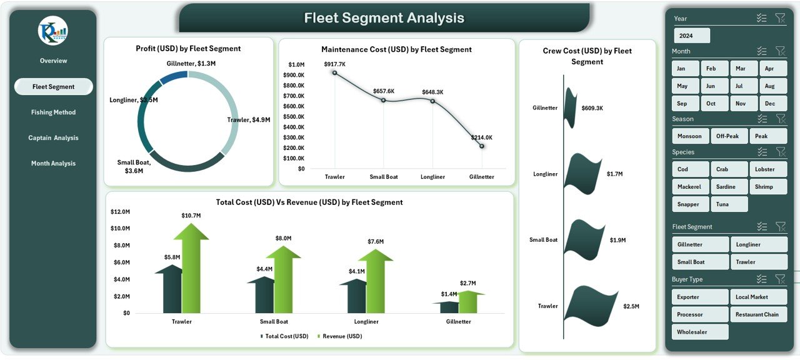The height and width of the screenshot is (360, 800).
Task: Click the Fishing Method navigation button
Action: (53, 112)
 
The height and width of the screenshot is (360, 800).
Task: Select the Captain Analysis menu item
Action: (53, 138)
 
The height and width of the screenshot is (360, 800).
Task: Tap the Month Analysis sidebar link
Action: (53, 164)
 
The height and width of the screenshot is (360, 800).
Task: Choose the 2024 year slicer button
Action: (691, 36)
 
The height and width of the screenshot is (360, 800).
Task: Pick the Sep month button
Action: (682, 104)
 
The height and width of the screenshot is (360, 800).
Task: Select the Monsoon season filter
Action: (689, 136)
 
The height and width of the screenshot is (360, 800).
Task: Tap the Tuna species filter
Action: (728, 204)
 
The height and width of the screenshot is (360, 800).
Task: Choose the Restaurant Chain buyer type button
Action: (758, 314)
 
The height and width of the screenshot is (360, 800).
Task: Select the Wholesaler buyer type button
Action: (700, 332)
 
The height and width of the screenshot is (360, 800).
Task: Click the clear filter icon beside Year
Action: (780, 18)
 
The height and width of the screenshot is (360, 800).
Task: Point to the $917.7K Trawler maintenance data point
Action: (335, 72)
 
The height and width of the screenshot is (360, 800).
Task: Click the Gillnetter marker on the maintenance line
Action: (482, 146)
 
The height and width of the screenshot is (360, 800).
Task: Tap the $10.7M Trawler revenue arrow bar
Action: (191, 269)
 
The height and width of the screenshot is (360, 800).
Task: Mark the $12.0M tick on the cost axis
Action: (120, 211)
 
